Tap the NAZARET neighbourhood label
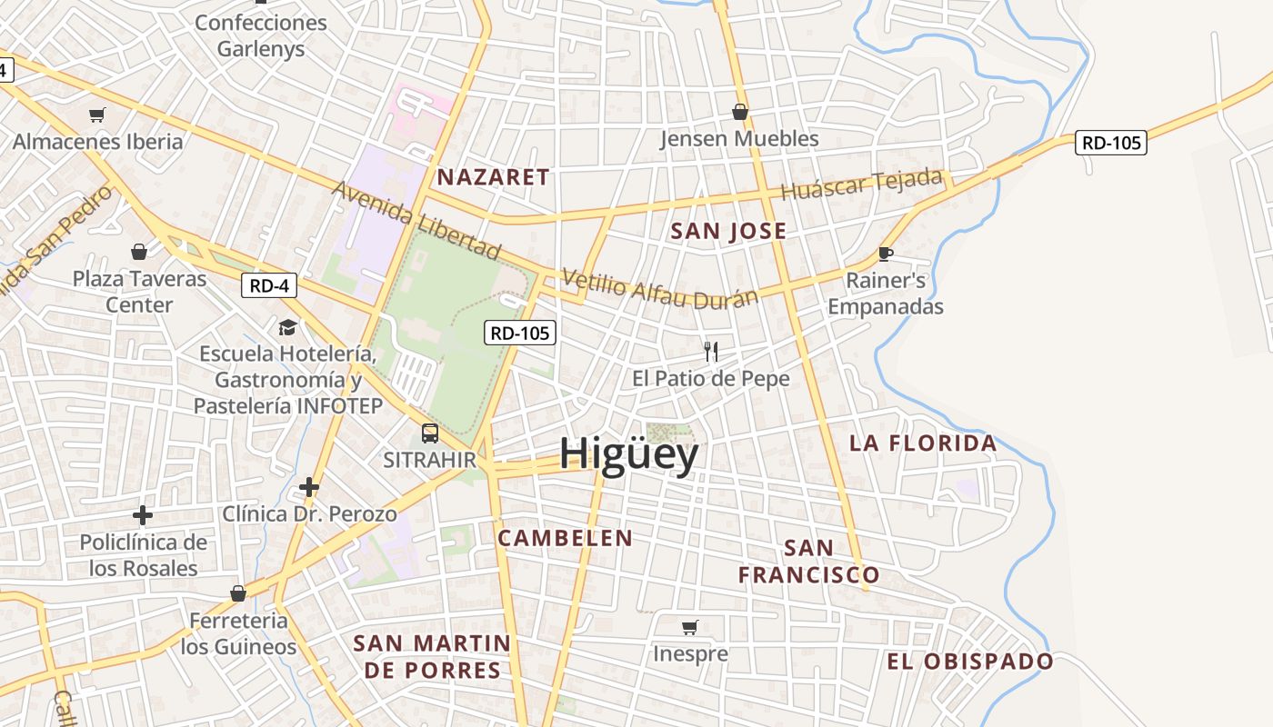click(x=494, y=177)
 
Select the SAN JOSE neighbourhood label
click(x=728, y=231)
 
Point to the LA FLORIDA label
click(x=923, y=443)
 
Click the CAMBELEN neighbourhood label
click(x=565, y=538)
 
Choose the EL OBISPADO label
click(x=970, y=662)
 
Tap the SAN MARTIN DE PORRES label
click(x=432, y=657)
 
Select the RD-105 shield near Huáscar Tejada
click(x=1110, y=143)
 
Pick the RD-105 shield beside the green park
click(x=520, y=334)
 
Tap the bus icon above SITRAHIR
click(x=430, y=433)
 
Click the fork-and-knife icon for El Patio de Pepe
click(x=711, y=351)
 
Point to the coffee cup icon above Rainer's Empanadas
click(x=886, y=254)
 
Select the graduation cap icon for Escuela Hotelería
click(x=287, y=327)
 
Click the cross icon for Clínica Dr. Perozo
click(x=309, y=488)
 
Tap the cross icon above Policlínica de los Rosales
click(x=143, y=516)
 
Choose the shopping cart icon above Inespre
click(x=690, y=627)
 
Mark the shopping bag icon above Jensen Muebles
click(x=740, y=112)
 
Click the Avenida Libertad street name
click(x=416, y=219)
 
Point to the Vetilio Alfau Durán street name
click(x=660, y=289)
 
